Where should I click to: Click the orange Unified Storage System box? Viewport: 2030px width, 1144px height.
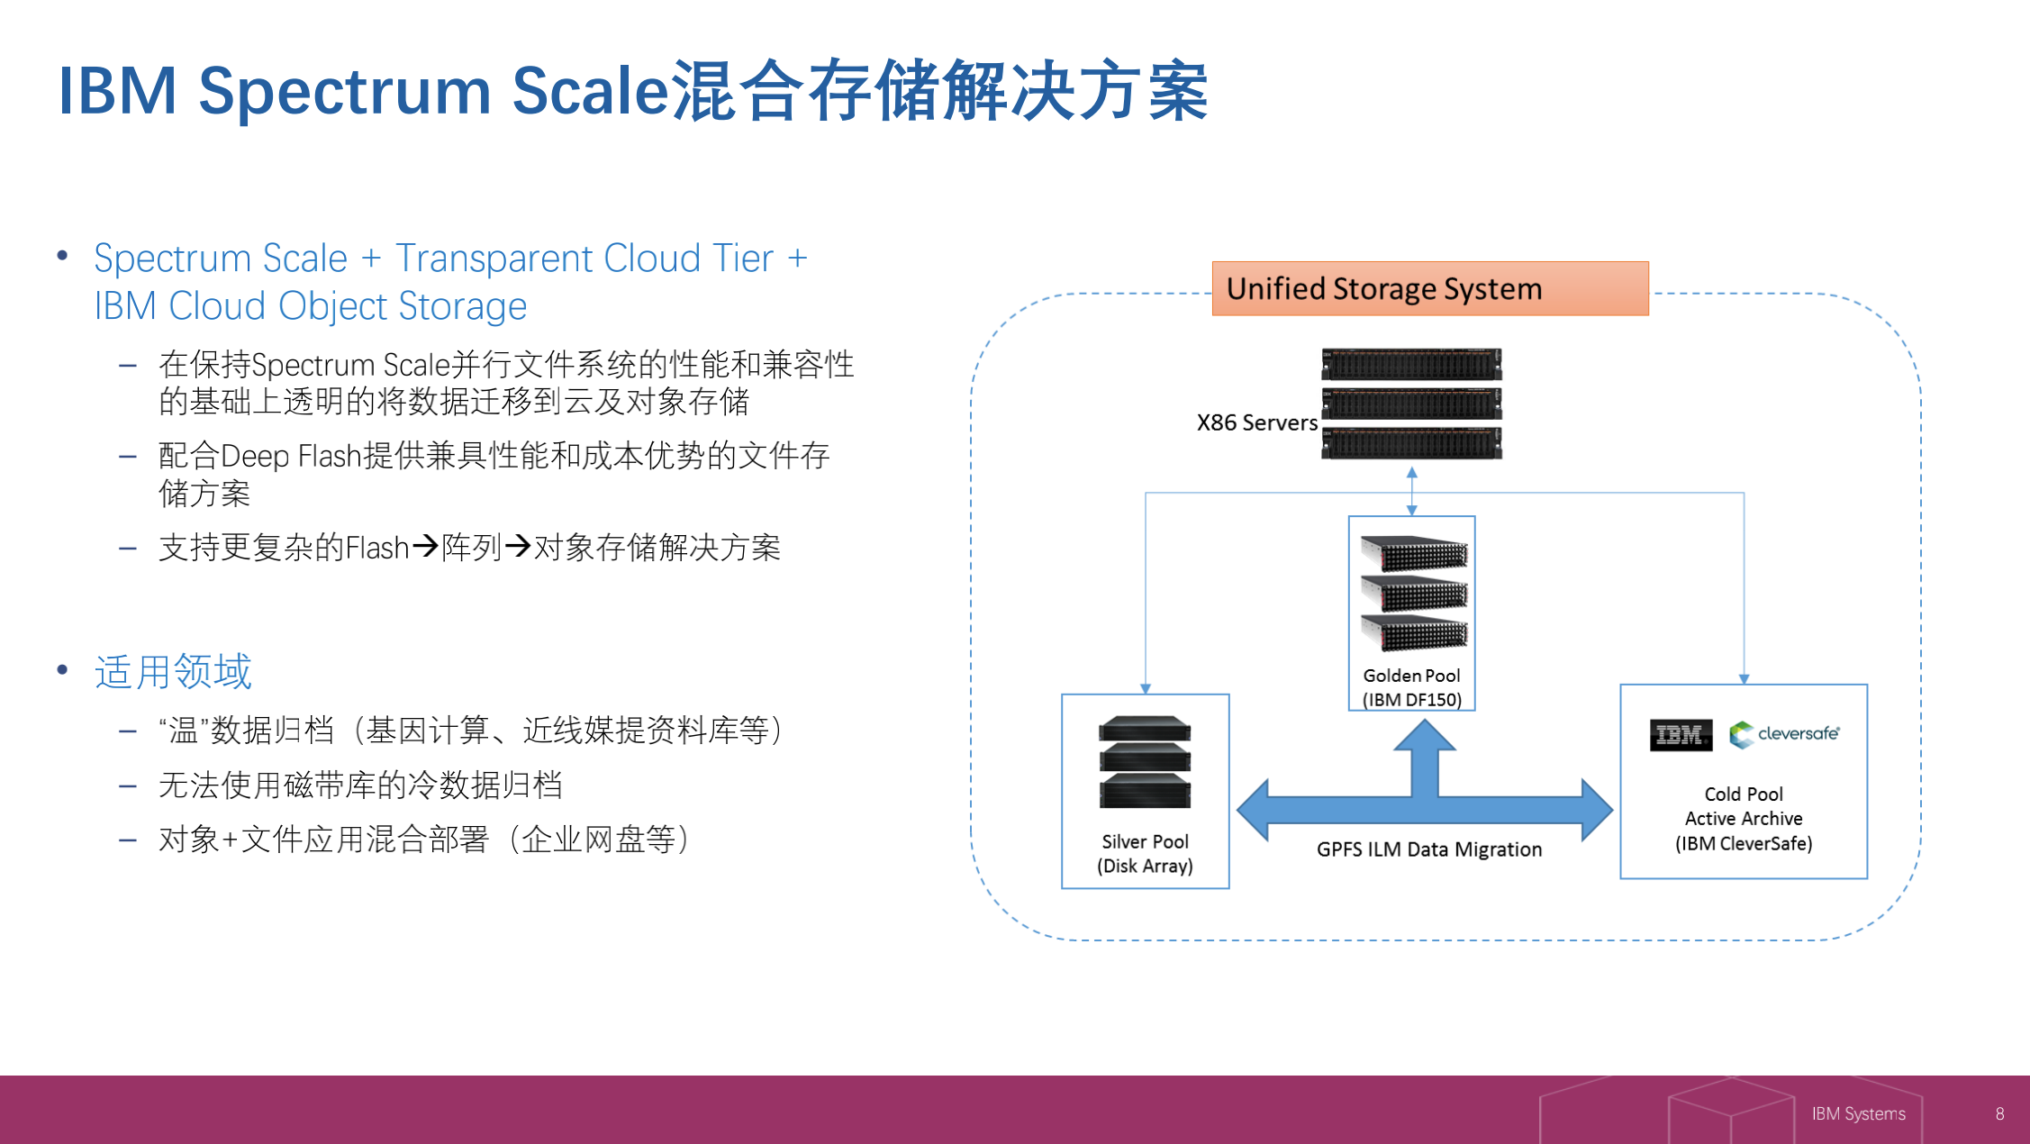[1429, 288]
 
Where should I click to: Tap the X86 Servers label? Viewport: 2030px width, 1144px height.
[1256, 422]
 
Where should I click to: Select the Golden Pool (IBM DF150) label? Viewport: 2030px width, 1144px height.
[1411, 687]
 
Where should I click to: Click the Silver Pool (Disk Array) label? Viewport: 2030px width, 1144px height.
[1145, 853]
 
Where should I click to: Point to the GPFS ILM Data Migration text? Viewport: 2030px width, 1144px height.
[1428, 849]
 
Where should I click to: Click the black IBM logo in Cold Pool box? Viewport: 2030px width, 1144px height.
[1681, 735]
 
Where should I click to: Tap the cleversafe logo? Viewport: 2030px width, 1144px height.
[1784, 734]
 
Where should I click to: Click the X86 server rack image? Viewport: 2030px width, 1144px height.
[1411, 403]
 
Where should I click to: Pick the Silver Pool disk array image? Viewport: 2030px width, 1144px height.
[1145, 762]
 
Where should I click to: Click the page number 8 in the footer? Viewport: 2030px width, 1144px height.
[1999, 1114]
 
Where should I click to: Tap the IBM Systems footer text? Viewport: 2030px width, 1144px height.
[1858, 1114]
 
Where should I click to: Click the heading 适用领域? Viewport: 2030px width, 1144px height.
[173, 672]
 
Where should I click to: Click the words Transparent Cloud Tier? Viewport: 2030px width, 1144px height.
[584, 259]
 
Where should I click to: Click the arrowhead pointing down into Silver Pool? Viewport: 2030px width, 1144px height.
[1146, 688]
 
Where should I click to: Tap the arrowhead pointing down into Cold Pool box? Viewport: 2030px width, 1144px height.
[1744, 678]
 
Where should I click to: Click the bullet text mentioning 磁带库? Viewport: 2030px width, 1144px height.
[360, 785]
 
